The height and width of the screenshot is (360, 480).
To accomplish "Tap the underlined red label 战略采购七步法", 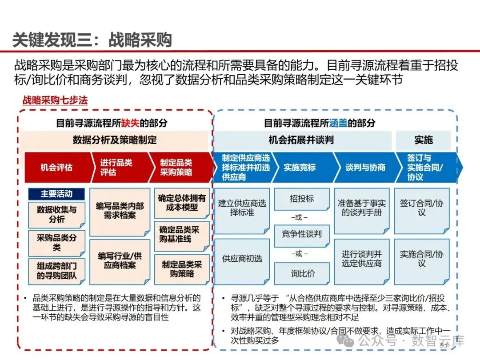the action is tap(55, 100).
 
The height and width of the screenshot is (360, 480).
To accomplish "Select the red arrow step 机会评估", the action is tap(56, 168).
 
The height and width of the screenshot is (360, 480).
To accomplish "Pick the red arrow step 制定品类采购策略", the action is tap(176, 168).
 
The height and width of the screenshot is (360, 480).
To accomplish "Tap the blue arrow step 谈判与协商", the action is tap(365, 168).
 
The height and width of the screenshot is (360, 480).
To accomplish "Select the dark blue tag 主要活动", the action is tap(56, 194).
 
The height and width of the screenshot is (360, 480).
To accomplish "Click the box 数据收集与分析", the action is tap(56, 214).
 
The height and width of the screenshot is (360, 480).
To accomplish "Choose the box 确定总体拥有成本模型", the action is tap(182, 203).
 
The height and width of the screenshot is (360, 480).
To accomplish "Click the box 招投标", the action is tap(302, 199).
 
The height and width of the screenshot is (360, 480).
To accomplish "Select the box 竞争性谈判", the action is tap(302, 233).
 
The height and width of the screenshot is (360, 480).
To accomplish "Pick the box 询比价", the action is tap(302, 273).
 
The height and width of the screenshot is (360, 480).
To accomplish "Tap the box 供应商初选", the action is tap(242, 259).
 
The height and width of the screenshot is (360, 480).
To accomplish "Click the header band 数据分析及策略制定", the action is tap(115, 140).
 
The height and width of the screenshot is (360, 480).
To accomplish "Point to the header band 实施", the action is tap(423, 140).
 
